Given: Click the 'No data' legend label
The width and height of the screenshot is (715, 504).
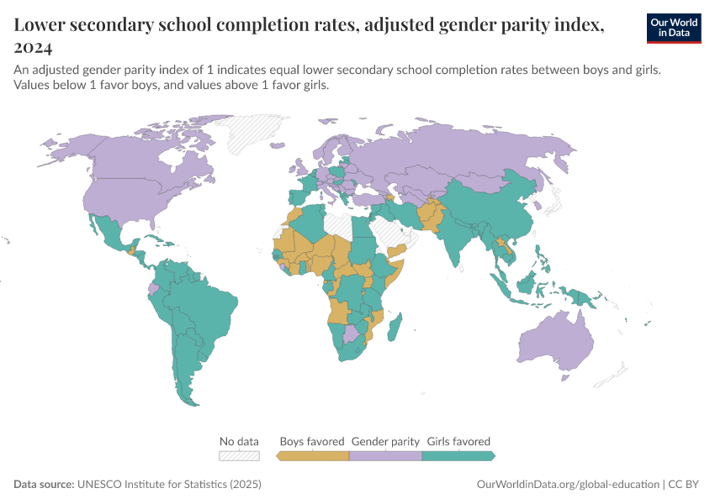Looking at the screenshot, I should [x=239, y=441].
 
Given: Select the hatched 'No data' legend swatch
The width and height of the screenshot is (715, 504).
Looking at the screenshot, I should [x=239, y=455].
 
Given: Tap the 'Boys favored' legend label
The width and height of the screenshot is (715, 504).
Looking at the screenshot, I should [x=312, y=441].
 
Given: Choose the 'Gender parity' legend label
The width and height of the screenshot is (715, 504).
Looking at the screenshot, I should [x=385, y=441].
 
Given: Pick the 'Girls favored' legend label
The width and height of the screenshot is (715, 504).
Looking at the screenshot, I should [x=458, y=441].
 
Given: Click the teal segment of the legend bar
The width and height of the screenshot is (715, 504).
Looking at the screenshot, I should [x=458, y=455].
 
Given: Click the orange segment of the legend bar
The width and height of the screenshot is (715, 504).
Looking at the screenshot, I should [x=313, y=455].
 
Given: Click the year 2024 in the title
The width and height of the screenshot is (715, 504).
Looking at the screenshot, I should [x=34, y=47].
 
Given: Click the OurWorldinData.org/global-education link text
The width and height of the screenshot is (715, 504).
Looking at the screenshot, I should [x=568, y=485].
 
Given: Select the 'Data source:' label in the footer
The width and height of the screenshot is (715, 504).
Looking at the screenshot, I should [x=44, y=485].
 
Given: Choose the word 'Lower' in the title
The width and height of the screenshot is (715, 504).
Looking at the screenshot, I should [x=41, y=25].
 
